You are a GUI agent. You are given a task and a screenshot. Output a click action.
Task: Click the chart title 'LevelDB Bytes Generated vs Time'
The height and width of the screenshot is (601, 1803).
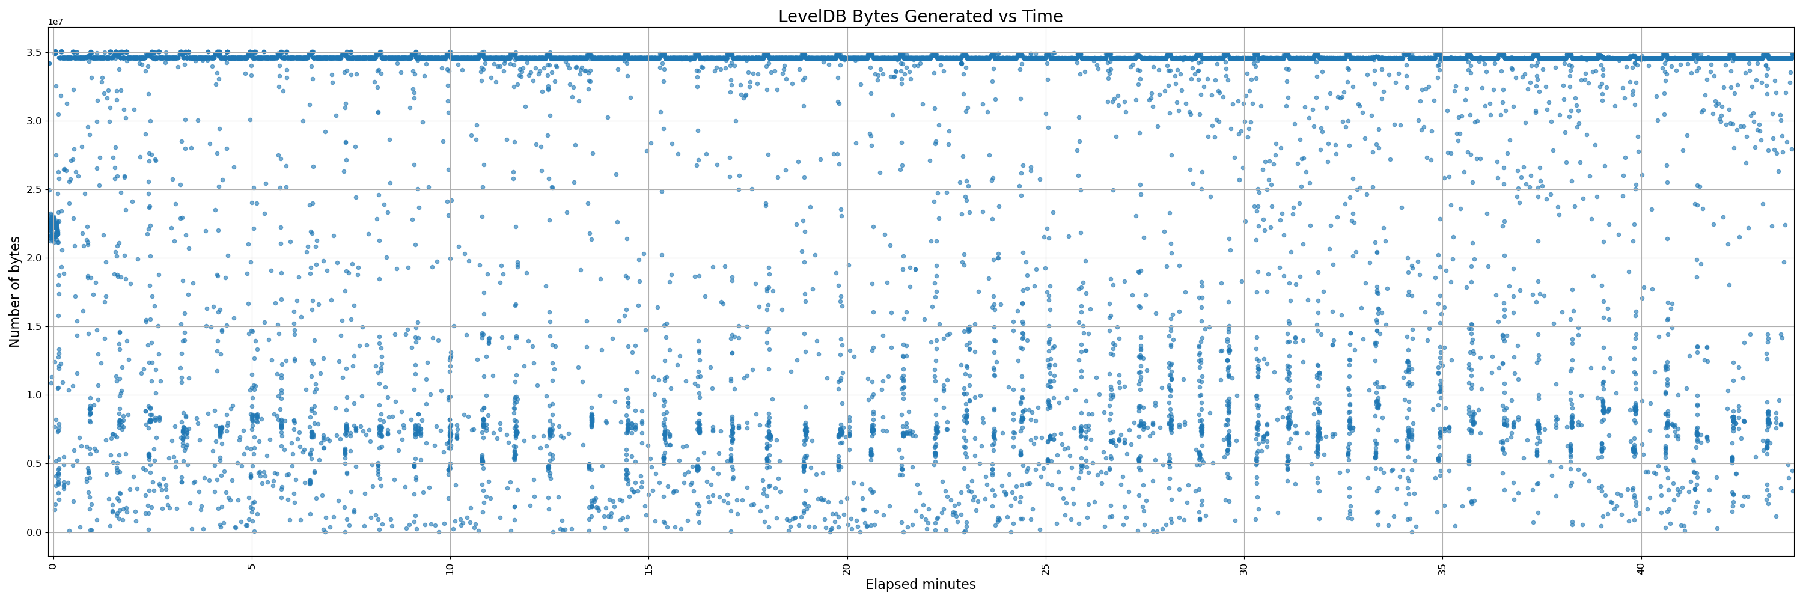pyautogui.click(x=920, y=16)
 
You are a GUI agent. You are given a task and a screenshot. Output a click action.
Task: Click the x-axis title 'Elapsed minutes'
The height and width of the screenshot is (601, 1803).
pyautogui.click(x=920, y=584)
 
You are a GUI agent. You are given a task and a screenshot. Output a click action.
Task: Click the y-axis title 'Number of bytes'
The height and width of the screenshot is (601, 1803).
pyautogui.click(x=14, y=291)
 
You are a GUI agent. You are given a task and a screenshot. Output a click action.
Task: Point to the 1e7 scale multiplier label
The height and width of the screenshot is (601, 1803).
pyautogui.click(x=55, y=22)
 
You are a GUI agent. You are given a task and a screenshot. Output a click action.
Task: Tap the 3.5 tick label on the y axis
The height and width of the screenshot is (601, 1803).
pyautogui.click(x=34, y=52)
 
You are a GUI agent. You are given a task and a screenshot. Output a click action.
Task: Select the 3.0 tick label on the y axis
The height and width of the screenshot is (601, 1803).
pyautogui.click(x=34, y=121)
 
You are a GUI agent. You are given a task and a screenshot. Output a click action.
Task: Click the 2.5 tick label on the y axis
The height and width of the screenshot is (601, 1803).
pyautogui.click(x=34, y=189)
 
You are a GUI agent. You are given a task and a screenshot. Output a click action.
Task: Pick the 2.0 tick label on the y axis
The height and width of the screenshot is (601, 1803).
pyautogui.click(x=34, y=258)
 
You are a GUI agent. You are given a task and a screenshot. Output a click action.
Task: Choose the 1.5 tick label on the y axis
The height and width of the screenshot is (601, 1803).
pyautogui.click(x=34, y=327)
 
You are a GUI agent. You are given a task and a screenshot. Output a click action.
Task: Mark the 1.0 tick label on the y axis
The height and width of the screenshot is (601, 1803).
pyautogui.click(x=34, y=395)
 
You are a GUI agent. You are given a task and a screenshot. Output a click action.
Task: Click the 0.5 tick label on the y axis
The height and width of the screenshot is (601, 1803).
pyautogui.click(x=34, y=464)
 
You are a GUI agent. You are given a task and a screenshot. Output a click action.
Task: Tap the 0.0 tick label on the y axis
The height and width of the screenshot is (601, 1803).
pyautogui.click(x=34, y=532)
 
